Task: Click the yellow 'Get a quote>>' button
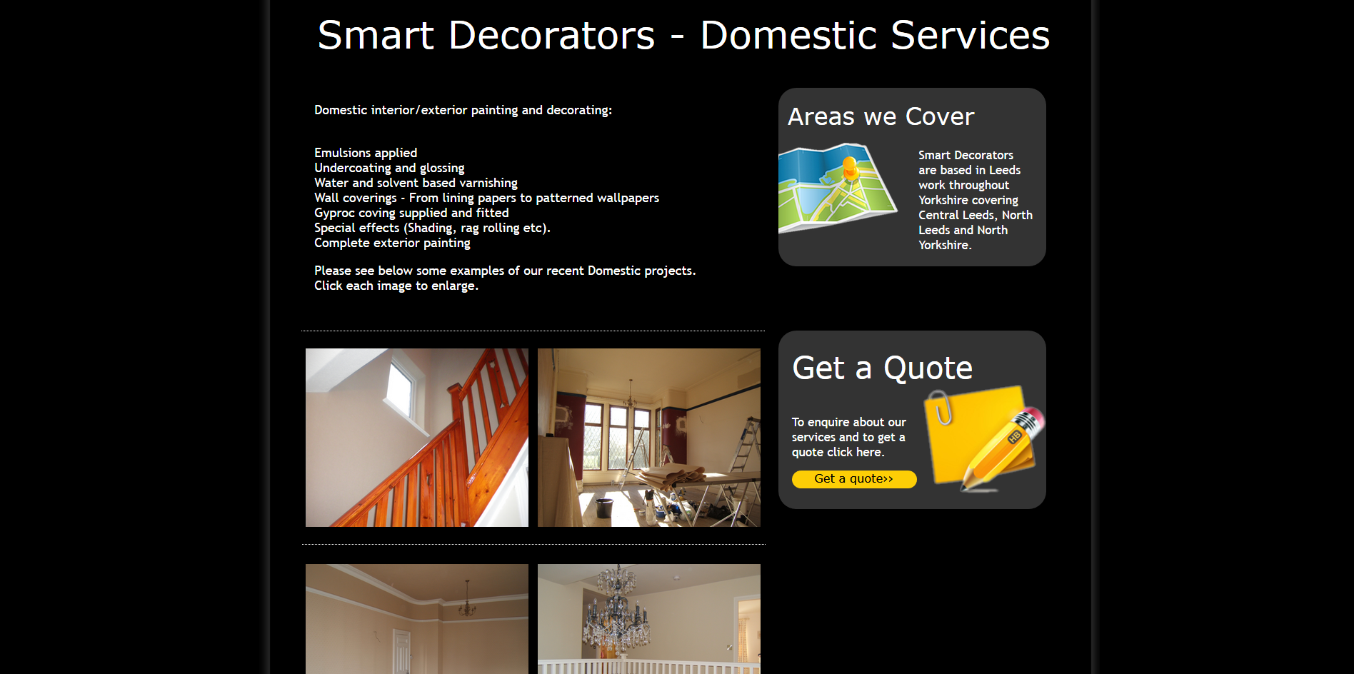pyautogui.click(x=854, y=479)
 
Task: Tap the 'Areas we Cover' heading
pyautogui.click(x=881, y=116)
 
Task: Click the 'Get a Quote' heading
pyautogui.click(x=883, y=368)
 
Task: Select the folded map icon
pyautogui.click(x=837, y=188)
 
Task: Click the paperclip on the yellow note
pyautogui.click(x=941, y=407)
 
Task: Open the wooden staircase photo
pyautogui.click(x=417, y=438)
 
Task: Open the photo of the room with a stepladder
pyautogui.click(x=649, y=438)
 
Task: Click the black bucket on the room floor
pyautogui.click(x=604, y=508)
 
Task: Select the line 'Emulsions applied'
pyautogui.click(x=366, y=153)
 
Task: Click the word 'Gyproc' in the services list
pyautogui.click(x=334, y=213)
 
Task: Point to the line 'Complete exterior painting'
pyautogui.click(x=392, y=243)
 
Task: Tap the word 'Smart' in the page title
pyautogui.click(x=376, y=36)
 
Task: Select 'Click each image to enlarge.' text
pyautogui.click(x=396, y=286)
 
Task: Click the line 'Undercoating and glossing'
pyautogui.click(x=389, y=168)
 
